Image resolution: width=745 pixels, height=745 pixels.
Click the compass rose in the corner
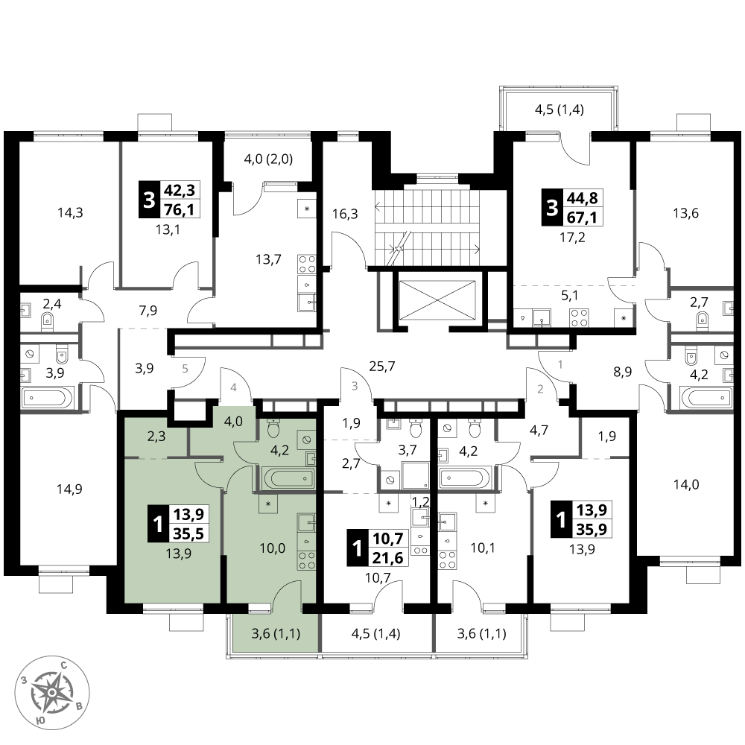click(52, 693)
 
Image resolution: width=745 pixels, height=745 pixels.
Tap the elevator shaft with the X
click(437, 301)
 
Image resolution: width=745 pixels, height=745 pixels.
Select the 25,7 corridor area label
click(382, 367)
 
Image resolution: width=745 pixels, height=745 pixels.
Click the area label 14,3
click(70, 212)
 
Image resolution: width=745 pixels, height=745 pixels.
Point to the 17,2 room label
click(572, 237)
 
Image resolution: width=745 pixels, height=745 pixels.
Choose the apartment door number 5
click(186, 368)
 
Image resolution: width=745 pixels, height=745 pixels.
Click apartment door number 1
click(560, 364)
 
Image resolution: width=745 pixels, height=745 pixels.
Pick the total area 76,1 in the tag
click(179, 209)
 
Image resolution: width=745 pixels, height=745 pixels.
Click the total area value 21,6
click(387, 558)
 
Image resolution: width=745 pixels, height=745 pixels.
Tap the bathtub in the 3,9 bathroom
click(48, 398)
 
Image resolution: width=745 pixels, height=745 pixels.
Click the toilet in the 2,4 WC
click(47, 321)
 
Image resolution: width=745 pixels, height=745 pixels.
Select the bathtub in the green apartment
click(288, 478)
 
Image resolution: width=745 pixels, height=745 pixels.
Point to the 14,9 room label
click(69, 489)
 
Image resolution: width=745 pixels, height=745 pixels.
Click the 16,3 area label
click(345, 214)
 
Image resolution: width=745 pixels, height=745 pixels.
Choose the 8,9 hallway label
click(622, 372)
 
